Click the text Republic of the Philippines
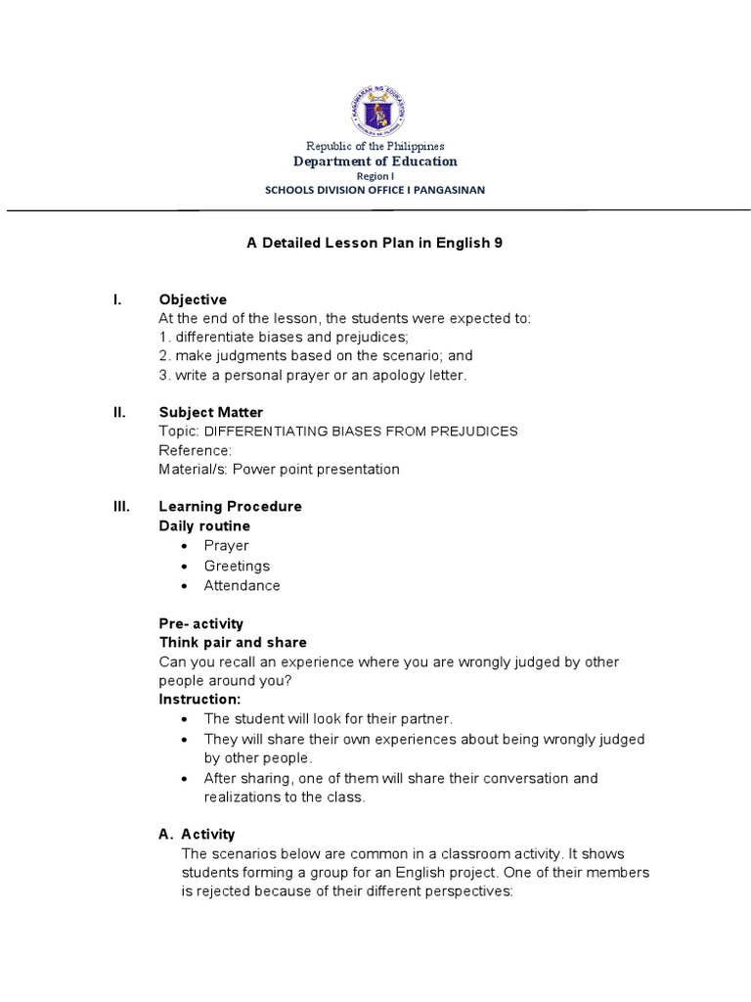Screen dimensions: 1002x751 (x=375, y=146)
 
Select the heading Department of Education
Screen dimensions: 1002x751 (x=375, y=161)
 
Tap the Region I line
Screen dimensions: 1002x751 (x=375, y=176)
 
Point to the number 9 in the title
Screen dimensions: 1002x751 (x=499, y=243)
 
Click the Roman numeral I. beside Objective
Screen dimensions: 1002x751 (x=117, y=299)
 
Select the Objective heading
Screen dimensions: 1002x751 (x=193, y=299)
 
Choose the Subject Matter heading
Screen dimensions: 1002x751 (x=210, y=413)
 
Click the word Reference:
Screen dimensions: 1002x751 (x=195, y=450)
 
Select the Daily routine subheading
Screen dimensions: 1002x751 (x=204, y=526)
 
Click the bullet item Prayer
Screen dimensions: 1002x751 (x=226, y=546)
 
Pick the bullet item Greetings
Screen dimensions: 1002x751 (x=237, y=566)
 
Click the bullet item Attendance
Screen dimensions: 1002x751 (x=242, y=585)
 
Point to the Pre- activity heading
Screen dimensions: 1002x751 (x=200, y=623)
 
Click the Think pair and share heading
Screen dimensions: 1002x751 (x=233, y=643)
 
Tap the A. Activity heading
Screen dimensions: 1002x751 (x=197, y=834)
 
